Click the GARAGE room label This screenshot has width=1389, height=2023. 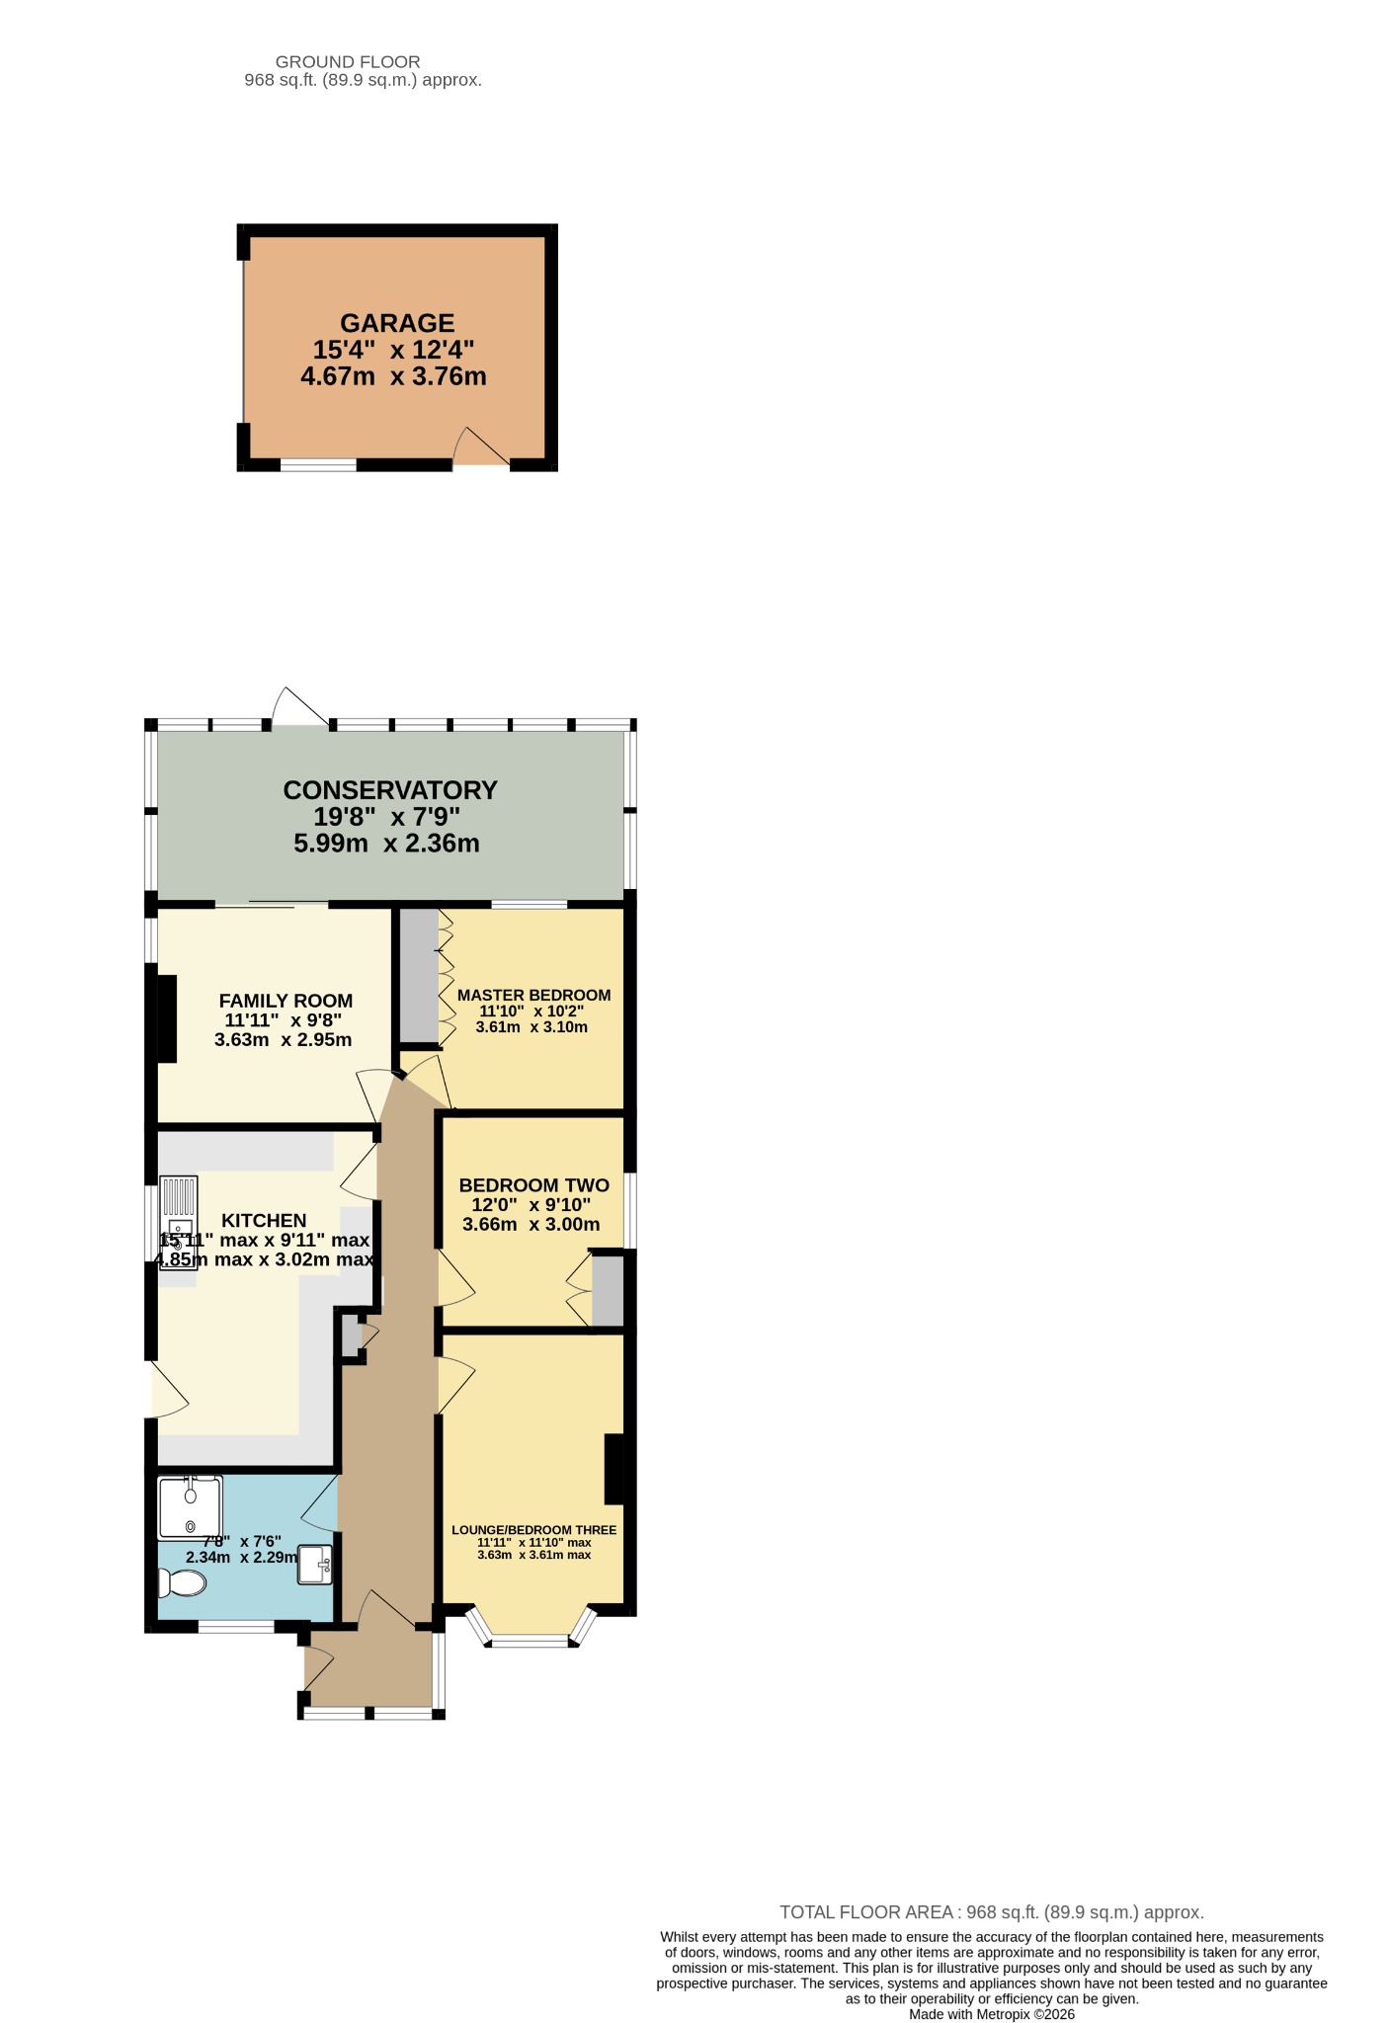(397, 323)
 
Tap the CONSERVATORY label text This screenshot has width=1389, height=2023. (390, 790)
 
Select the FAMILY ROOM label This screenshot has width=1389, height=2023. (286, 1001)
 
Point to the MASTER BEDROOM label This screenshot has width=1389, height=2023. (533, 995)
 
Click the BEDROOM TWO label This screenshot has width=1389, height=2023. (533, 1185)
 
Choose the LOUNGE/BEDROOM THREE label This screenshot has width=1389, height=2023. (533, 1530)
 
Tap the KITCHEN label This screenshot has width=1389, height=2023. (264, 1221)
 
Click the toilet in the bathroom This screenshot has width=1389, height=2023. (183, 1583)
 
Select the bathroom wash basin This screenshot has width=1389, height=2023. (316, 1564)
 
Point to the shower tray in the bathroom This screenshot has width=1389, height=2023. (190, 1507)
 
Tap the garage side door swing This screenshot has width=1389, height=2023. (481, 445)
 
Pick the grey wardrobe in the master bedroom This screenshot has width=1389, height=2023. (419, 975)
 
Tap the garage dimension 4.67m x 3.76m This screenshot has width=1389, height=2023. (393, 376)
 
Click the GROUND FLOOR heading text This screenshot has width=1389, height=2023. (348, 62)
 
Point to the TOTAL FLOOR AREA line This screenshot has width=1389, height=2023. (992, 1912)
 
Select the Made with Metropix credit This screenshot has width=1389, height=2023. (992, 2014)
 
